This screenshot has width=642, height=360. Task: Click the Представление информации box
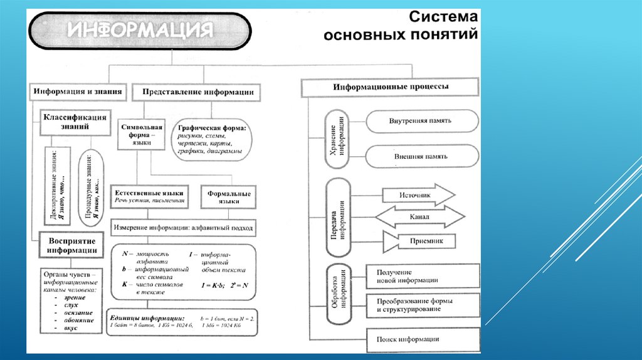pos(198,92)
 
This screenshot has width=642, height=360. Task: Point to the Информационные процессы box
pos(390,87)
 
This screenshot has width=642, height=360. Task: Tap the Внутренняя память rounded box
pos(419,120)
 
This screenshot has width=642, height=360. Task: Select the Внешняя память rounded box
pos(419,156)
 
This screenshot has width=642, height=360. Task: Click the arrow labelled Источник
pos(417,195)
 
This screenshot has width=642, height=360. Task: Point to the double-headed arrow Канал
pos(419,217)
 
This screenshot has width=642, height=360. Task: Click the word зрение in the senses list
pos(74,297)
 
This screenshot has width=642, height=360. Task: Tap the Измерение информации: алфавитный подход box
pos(182,228)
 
